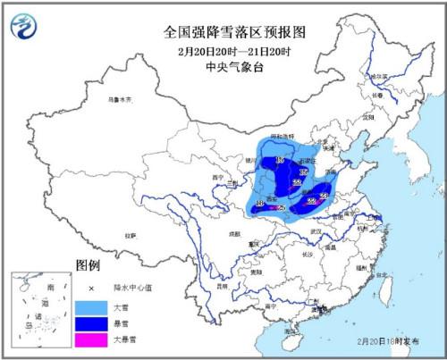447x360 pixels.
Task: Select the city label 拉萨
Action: pyautogui.click(x=131, y=236)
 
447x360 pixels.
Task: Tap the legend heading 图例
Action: pyautogui.click(x=88, y=265)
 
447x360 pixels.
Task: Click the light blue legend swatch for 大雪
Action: pyautogui.click(x=90, y=306)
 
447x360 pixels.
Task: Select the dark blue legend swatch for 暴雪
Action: pyautogui.click(x=90, y=323)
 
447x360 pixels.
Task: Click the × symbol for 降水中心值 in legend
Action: pyautogui.click(x=90, y=288)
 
